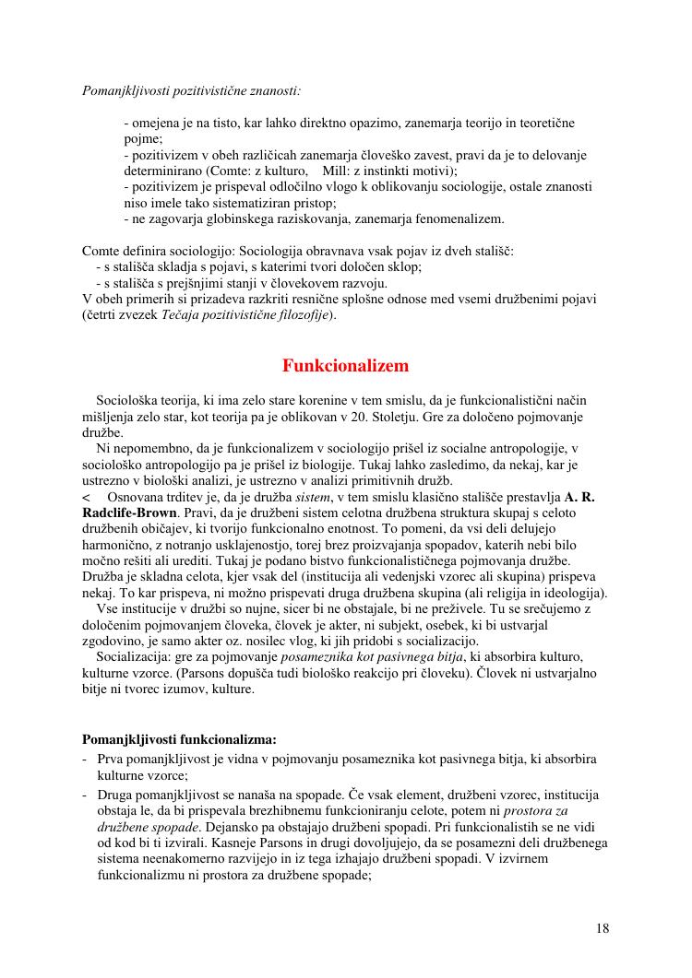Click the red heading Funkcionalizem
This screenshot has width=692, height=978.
click(x=345, y=366)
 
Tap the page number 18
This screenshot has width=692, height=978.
click(x=602, y=928)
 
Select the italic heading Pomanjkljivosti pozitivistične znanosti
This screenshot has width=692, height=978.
click(x=191, y=91)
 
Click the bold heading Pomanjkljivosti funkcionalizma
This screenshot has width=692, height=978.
click(x=179, y=739)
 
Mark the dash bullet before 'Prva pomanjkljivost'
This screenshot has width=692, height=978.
click(x=85, y=760)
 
